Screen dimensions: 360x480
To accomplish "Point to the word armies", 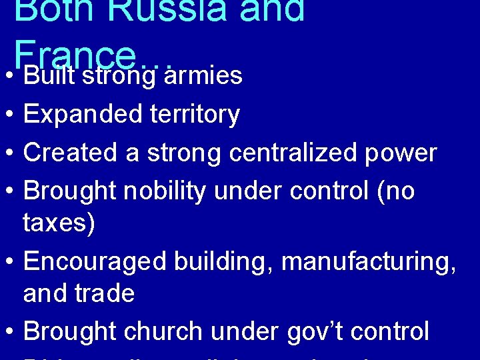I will [203, 76].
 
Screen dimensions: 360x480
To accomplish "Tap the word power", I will [407, 153].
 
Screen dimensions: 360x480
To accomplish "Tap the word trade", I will [106, 293].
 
